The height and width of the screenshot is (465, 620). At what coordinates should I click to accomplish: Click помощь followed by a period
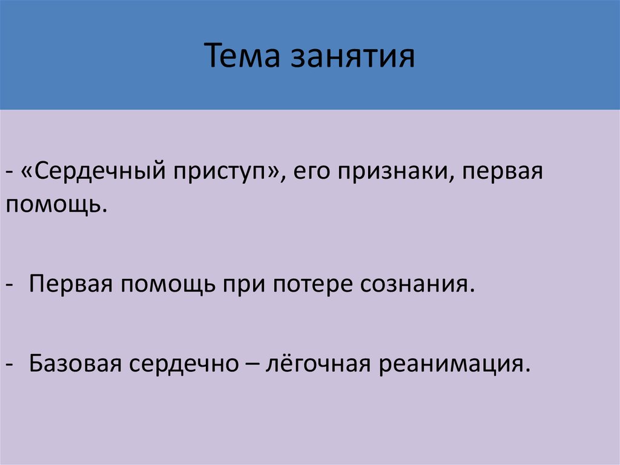click(52, 206)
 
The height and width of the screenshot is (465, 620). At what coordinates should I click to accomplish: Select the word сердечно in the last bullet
click(181, 364)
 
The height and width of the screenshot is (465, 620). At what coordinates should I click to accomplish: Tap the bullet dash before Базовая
click(12, 365)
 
